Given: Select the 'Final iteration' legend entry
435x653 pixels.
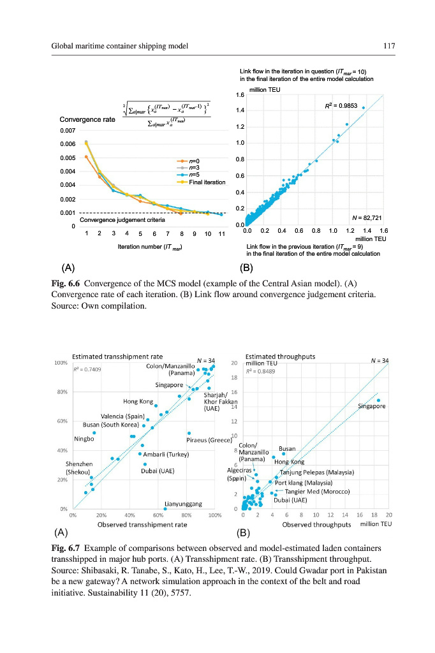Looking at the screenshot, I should (x=207, y=182).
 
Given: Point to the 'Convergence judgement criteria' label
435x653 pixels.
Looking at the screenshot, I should (x=122, y=220).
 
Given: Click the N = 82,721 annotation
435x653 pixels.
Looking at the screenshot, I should (x=366, y=217).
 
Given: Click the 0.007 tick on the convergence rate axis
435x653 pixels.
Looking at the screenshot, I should (x=68, y=130).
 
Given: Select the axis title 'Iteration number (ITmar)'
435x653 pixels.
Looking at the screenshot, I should (x=150, y=246).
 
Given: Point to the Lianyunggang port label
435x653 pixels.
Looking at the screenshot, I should (x=184, y=504).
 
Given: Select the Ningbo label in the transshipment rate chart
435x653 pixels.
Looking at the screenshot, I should (x=84, y=438).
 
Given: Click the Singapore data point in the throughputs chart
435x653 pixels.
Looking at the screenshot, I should (x=378, y=400).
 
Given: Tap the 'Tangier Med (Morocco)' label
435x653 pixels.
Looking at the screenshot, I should (x=317, y=492).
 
